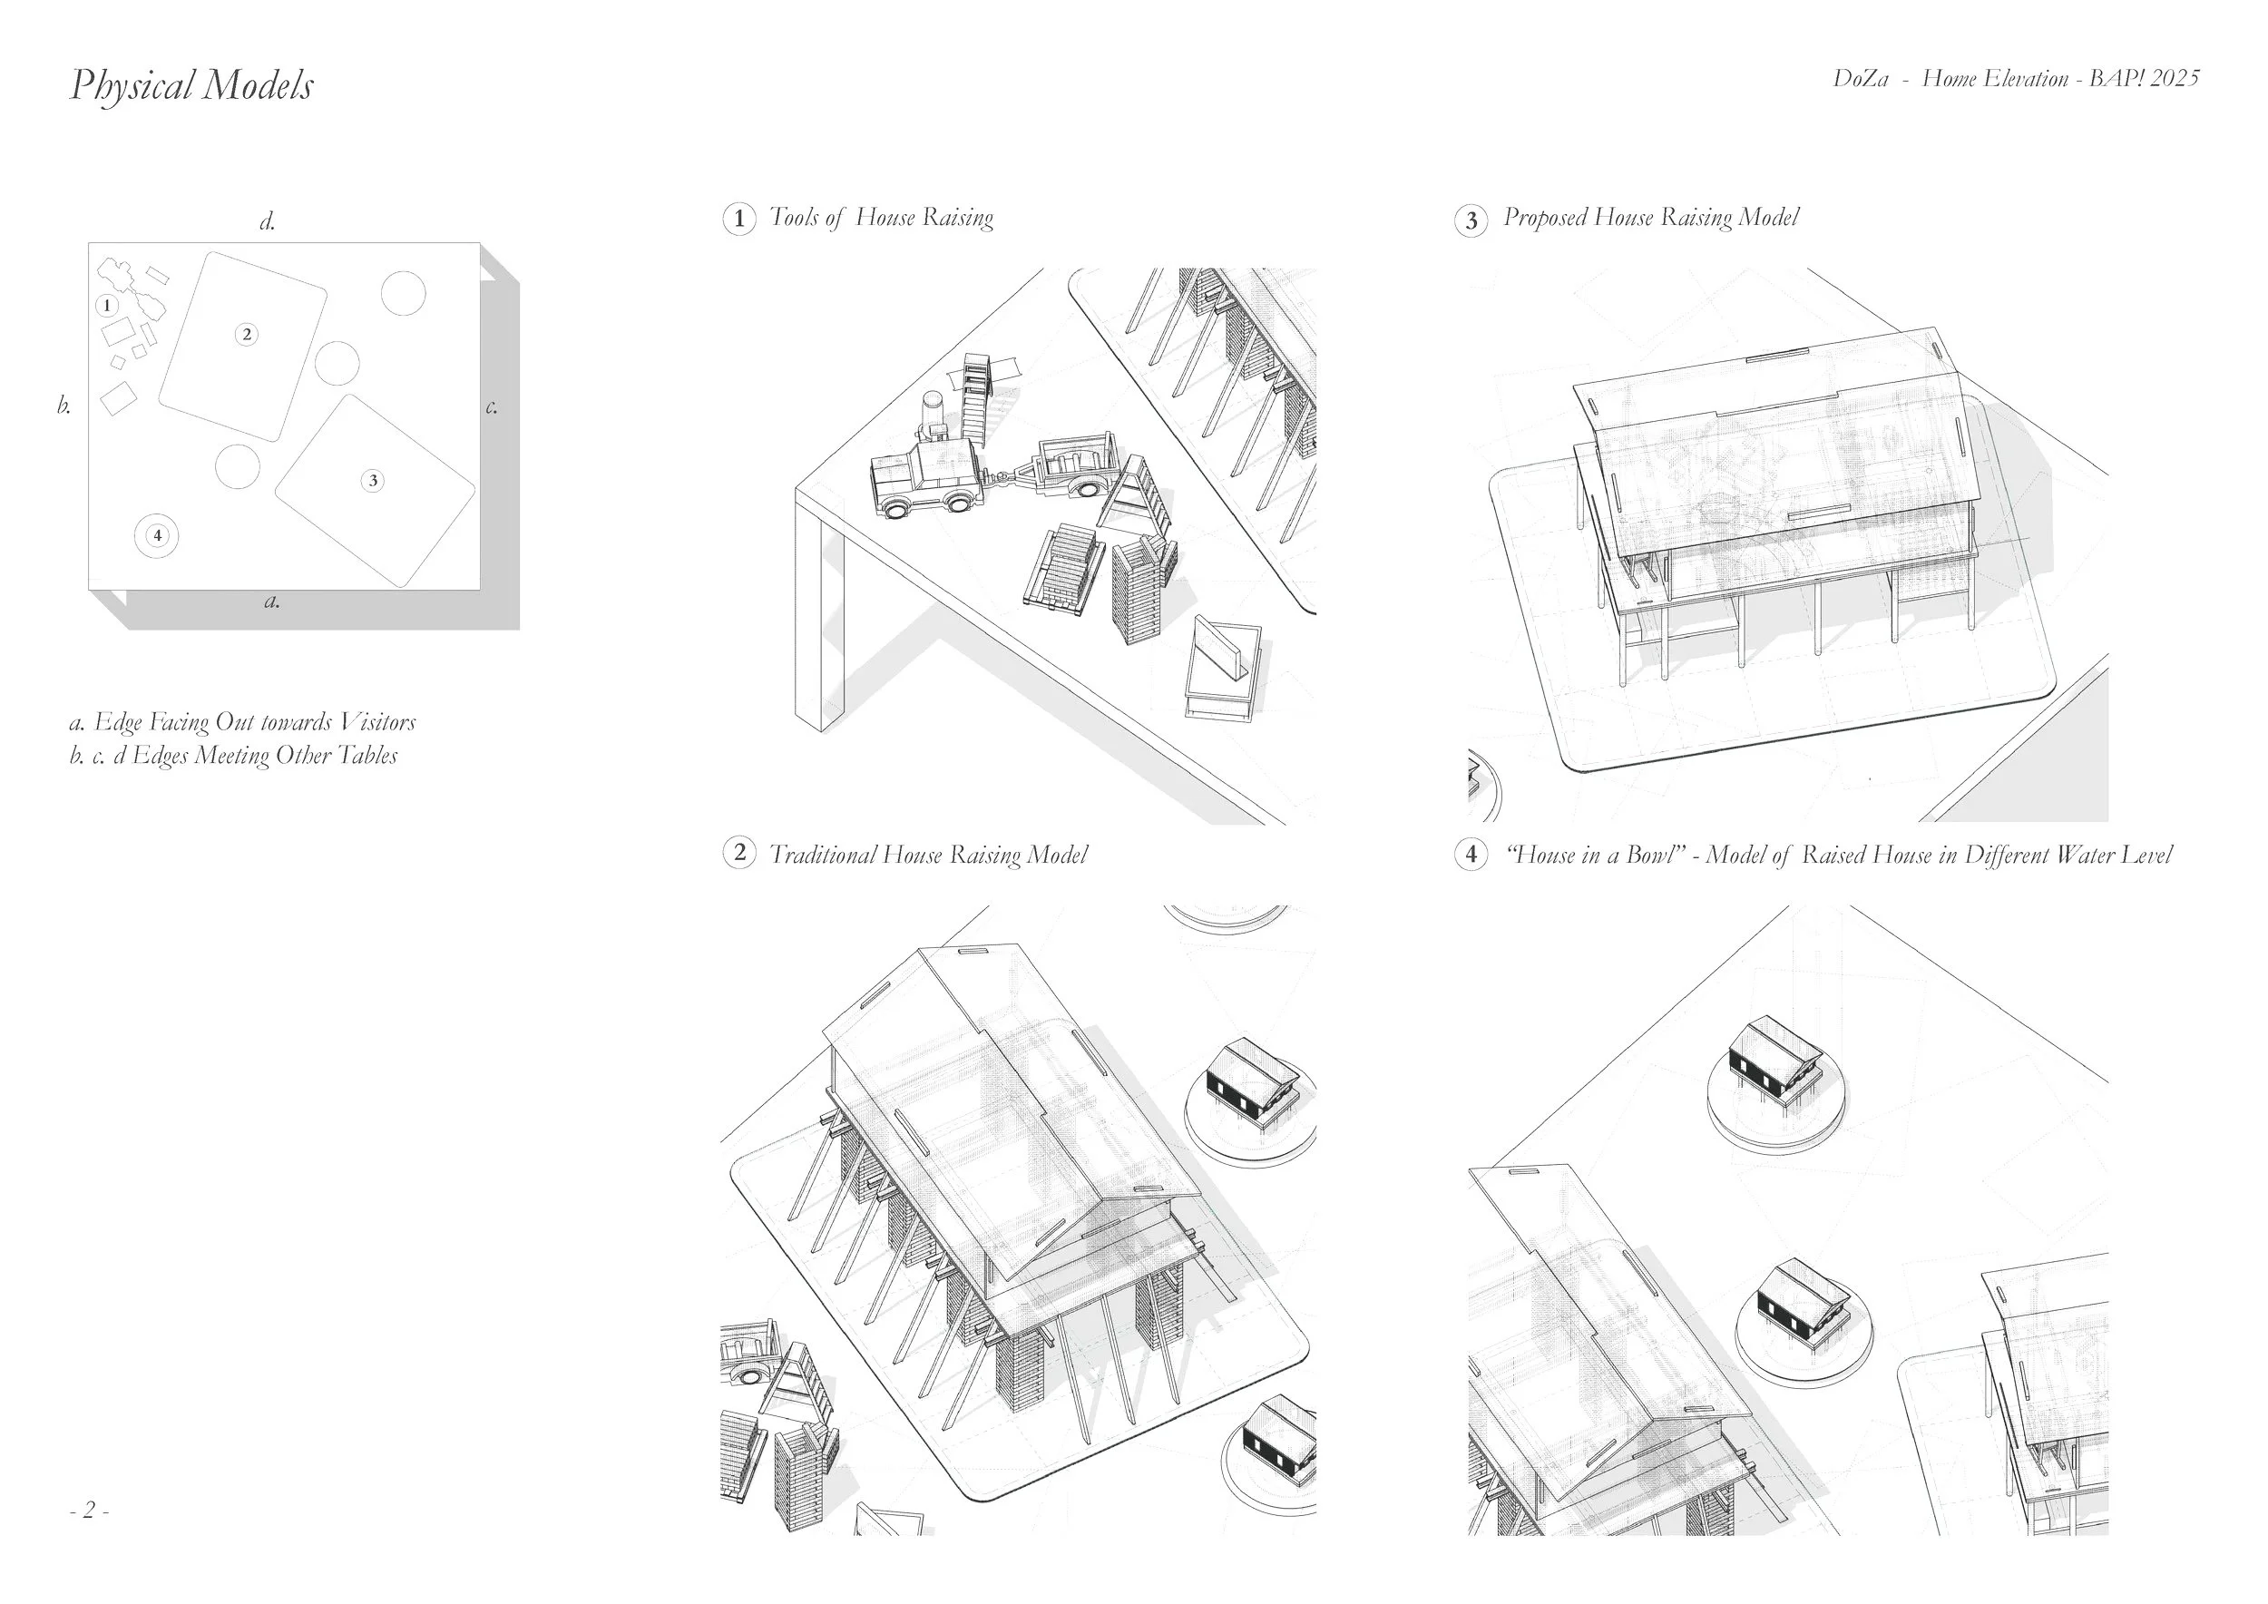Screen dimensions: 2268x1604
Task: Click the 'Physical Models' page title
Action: [x=191, y=86]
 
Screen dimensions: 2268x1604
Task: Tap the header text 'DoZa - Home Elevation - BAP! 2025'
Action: [x=2015, y=79]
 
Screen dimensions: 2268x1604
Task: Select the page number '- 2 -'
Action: [x=89, y=1511]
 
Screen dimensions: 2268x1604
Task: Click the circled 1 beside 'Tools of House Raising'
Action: [x=738, y=219]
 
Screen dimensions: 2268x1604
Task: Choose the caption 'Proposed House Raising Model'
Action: [x=1650, y=218]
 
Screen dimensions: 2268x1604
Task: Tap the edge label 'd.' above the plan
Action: [x=268, y=222]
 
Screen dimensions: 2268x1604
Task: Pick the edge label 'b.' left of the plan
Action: [x=64, y=406]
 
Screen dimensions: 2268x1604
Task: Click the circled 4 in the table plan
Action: [x=157, y=536]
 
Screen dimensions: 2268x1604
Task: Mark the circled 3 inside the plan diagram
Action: [x=372, y=481]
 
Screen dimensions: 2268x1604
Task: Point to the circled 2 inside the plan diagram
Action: [x=247, y=335]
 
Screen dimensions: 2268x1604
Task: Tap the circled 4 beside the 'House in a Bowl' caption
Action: [x=1471, y=854]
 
